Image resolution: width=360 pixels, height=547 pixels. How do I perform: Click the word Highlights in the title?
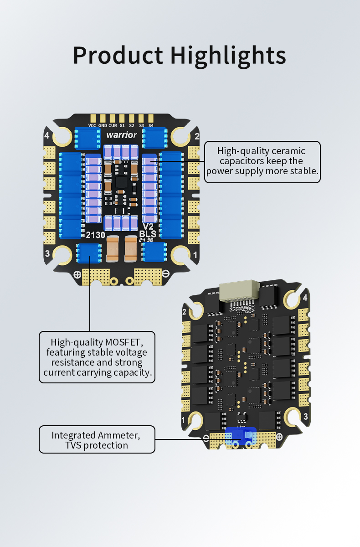(228, 56)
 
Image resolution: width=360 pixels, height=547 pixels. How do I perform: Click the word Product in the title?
(118, 56)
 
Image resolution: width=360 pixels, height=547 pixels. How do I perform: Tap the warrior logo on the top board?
(121, 135)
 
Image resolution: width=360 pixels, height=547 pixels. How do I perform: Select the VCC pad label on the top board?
(92, 125)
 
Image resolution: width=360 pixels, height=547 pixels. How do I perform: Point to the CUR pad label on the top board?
(112, 125)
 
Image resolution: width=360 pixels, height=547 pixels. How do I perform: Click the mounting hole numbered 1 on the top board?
(180, 255)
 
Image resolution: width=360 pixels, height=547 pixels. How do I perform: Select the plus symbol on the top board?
(77, 274)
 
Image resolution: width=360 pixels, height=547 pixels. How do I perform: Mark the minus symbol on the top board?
(166, 273)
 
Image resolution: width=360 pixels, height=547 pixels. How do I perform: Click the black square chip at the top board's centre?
(123, 182)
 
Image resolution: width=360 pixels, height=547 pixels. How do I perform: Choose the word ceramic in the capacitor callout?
(289, 151)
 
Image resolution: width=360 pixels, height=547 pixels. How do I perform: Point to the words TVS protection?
(97, 445)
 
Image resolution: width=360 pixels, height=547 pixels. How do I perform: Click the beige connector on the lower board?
(239, 290)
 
